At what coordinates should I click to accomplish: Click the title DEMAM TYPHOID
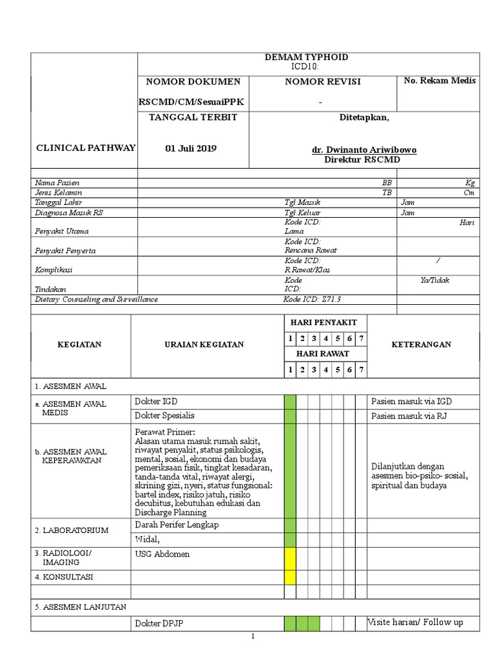306,57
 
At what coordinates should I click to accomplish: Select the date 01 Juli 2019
191,148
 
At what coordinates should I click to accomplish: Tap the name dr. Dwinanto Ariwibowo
364,150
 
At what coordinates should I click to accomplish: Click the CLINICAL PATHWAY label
86,148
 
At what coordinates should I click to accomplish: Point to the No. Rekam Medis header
440,81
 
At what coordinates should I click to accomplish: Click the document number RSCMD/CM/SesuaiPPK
191,102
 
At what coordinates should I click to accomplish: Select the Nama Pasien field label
57,183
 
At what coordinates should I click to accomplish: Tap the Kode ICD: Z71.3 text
311,299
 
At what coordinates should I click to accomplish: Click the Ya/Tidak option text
435,280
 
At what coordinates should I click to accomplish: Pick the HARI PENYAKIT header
324,322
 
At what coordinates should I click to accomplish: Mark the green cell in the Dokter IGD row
290,402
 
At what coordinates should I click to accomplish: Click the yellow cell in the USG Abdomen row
290,556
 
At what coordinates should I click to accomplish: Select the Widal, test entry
146,539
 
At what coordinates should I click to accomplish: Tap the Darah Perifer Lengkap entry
177,525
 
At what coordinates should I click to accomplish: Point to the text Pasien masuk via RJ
409,416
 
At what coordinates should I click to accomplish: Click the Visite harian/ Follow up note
415,622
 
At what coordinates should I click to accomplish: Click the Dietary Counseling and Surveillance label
96,299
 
